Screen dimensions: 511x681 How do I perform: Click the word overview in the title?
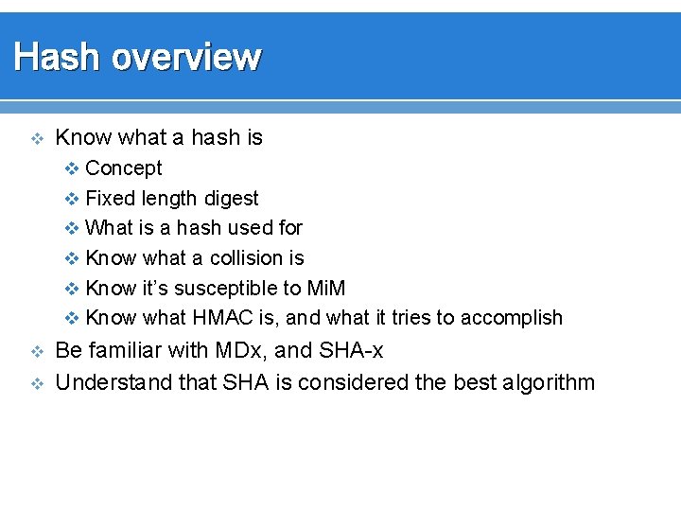point(185,58)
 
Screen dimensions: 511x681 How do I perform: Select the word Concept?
point(123,168)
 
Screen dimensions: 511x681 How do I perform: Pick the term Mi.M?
point(326,288)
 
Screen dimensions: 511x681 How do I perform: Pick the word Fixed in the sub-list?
point(110,199)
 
